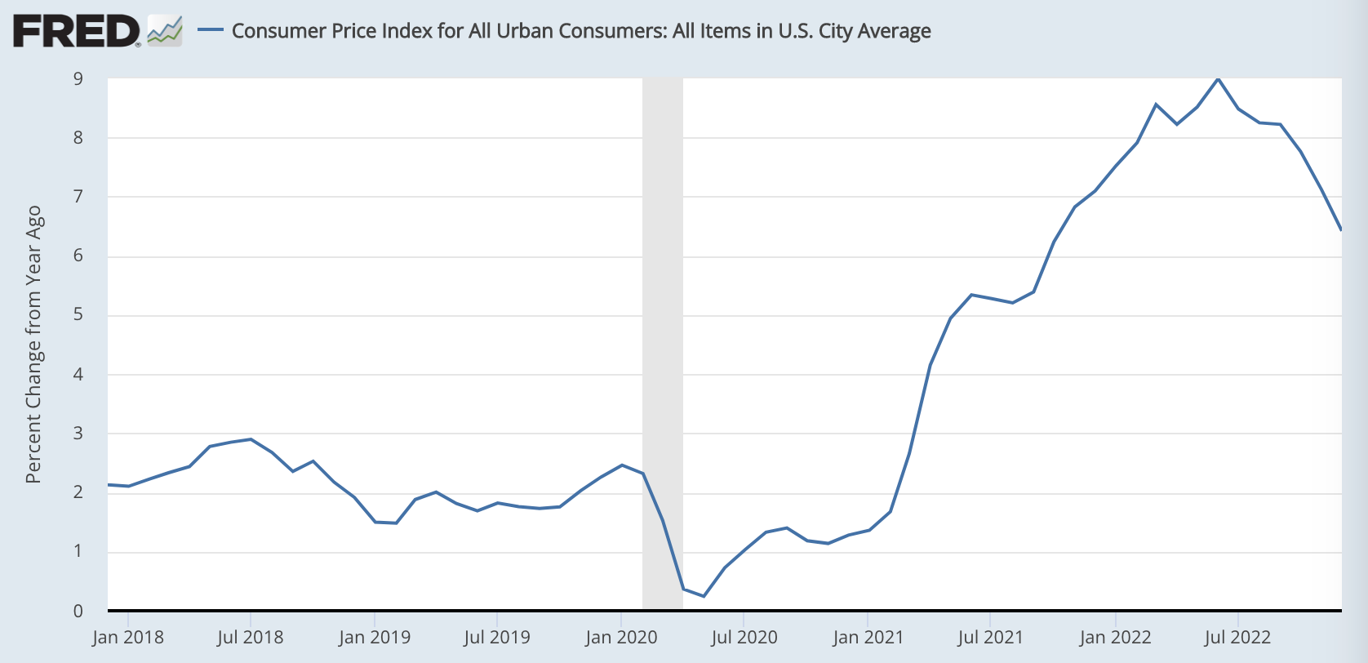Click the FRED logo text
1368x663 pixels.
click(75, 31)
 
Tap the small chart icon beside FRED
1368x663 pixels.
click(165, 31)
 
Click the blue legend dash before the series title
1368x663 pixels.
click(211, 30)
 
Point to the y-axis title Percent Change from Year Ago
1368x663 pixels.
click(33, 344)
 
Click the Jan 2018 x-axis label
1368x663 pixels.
click(128, 638)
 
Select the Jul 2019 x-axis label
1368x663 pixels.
click(497, 638)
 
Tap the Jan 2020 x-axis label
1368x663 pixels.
click(621, 638)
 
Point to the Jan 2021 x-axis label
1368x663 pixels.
click(868, 638)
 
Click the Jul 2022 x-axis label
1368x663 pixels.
click(1237, 638)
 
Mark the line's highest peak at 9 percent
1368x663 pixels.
click(1218, 78)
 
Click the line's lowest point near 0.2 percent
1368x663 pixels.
click(704, 596)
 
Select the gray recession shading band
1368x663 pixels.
click(663, 343)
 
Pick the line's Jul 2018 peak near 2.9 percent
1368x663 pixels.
click(251, 439)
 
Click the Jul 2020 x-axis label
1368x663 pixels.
click(744, 638)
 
